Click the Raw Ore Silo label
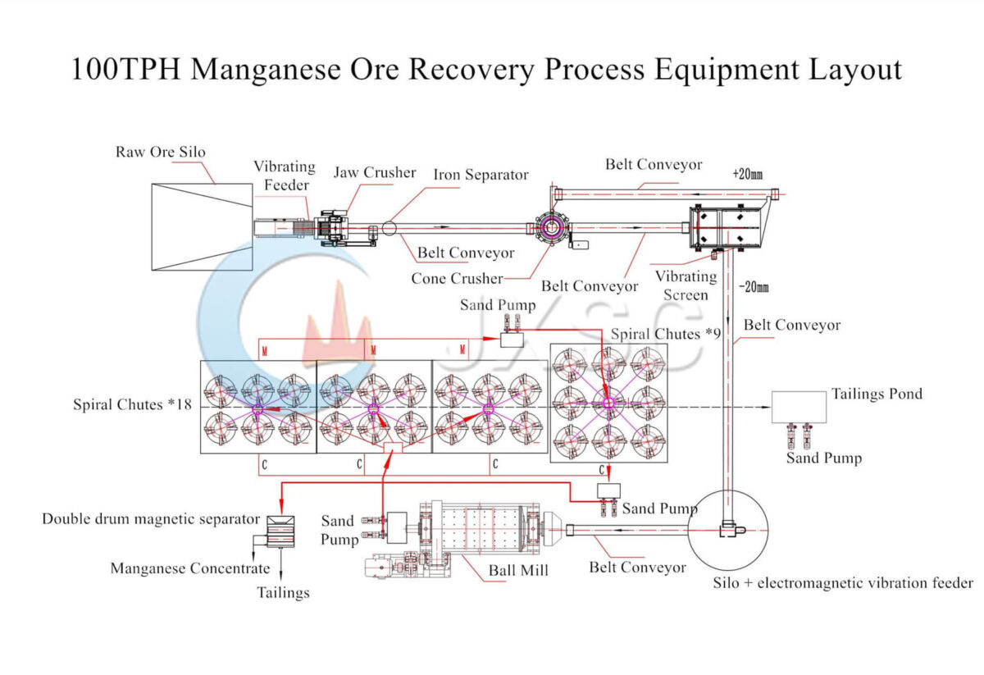[160, 152]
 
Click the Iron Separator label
[481, 175]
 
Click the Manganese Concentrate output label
[189, 568]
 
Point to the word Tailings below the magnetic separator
[283, 592]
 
